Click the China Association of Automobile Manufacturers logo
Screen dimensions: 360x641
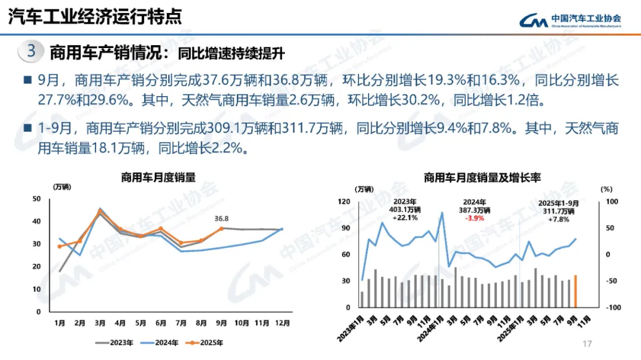pos(570,20)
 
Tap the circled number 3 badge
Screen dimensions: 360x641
pos(31,51)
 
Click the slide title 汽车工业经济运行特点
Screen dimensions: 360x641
pos(94,16)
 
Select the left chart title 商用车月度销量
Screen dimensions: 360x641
pos(158,177)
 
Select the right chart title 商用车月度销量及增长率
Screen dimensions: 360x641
pos(482,177)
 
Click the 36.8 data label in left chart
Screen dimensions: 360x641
pos(222,218)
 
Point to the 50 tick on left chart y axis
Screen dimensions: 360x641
pos(37,199)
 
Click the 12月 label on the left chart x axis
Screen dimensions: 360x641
pos(283,323)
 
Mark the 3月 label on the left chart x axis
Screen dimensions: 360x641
pos(100,323)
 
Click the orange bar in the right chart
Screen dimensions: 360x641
pos(575,291)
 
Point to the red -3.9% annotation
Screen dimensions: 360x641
pos(474,218)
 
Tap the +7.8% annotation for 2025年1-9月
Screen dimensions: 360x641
pos(559,219)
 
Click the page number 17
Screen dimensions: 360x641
pos(588,344)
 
